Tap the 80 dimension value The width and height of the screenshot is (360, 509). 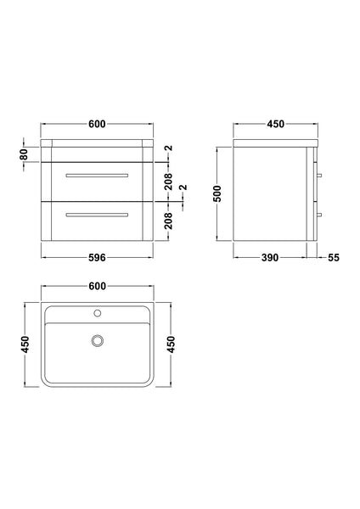tap(25, 154)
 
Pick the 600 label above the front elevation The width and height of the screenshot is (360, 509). tap(97, 125)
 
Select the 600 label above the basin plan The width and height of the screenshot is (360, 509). tap(97, 288)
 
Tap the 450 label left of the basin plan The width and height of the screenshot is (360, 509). tap(25, 344)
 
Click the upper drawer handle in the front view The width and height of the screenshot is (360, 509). tap(98, 174)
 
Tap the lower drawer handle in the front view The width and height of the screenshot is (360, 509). tap(98, 213)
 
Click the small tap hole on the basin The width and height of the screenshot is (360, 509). tap(98, 314)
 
